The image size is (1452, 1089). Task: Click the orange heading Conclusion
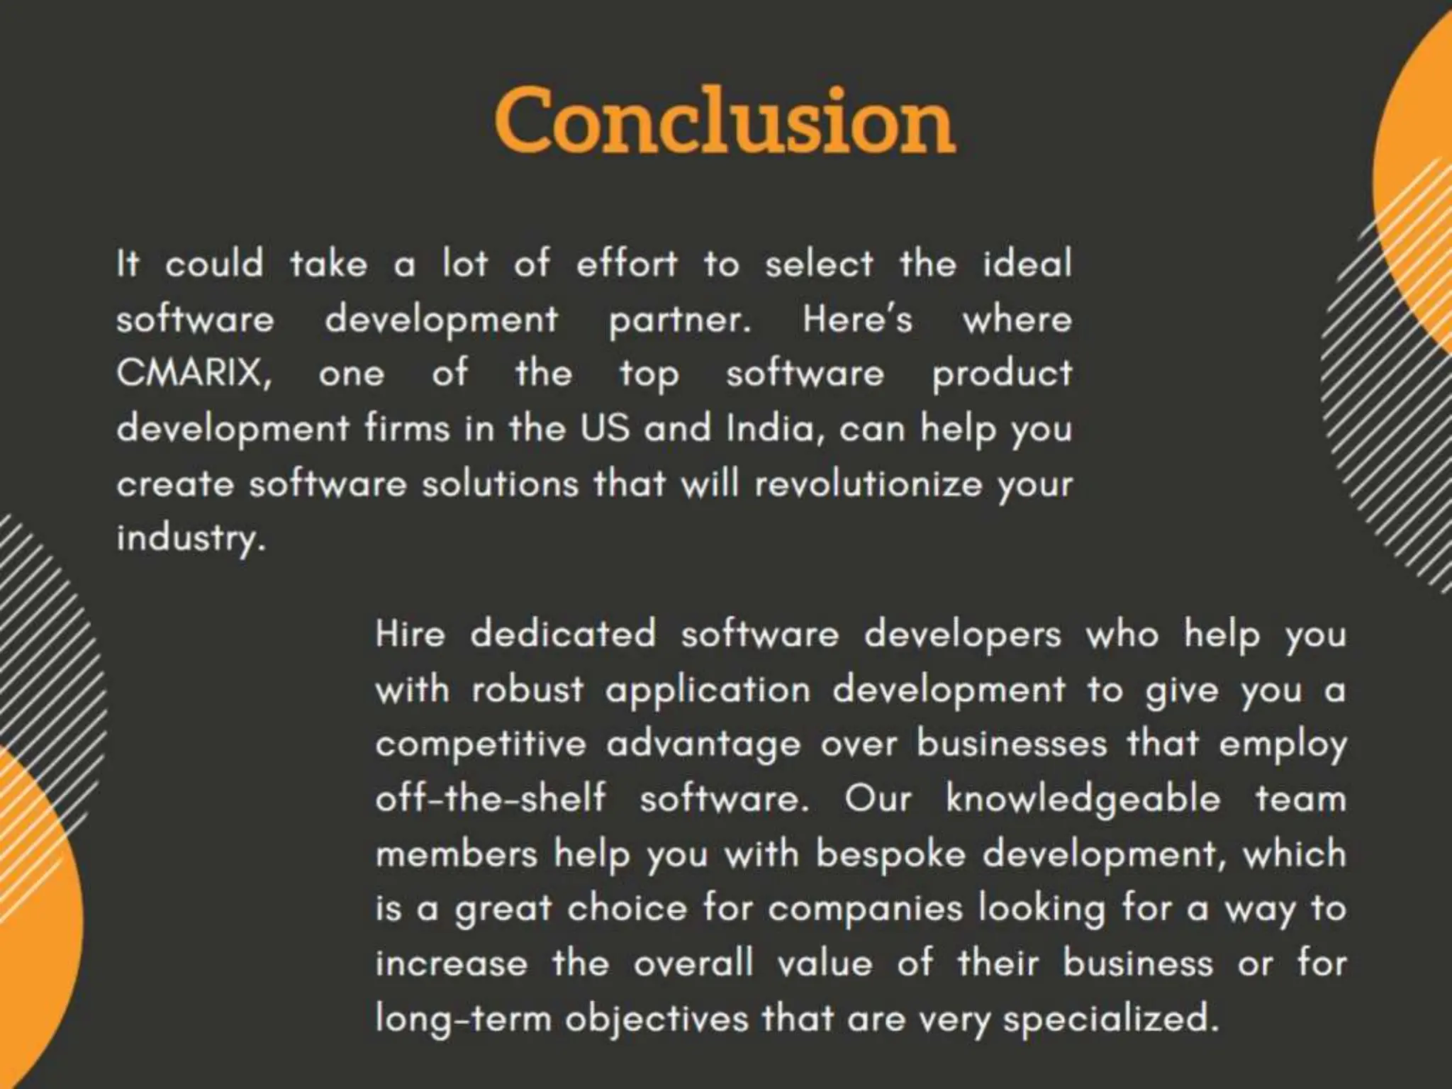(725, 121)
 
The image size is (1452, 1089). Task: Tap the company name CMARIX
(194, 373)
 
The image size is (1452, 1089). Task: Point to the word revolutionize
(869, 484)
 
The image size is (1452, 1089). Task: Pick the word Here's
(857, 319)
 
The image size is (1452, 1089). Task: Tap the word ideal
(1027, 264)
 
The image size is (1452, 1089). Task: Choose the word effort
(627, 264)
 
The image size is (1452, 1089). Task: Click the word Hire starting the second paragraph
(411, 633)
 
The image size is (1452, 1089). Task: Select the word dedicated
(563, 633)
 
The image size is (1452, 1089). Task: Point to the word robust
(527, 689)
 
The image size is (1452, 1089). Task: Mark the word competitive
(481, 744)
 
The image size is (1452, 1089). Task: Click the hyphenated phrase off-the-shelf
(491, 799)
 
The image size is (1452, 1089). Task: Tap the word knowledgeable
(1083, 800)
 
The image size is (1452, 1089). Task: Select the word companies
(865, 909)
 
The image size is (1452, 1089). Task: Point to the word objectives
(657, 1020)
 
